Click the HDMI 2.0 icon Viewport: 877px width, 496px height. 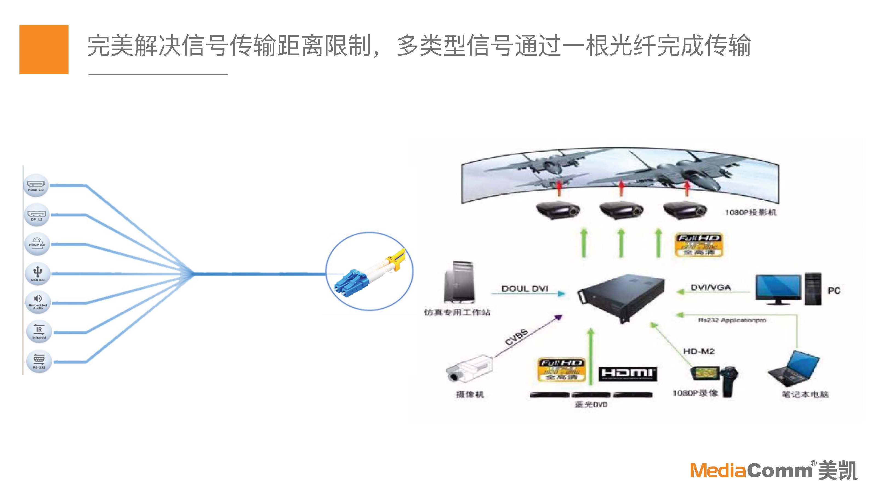coord(36,186)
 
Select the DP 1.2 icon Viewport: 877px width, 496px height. coord(36,215)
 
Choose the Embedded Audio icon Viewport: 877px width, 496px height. coord(38,302)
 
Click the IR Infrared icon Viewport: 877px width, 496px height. coord(39,332)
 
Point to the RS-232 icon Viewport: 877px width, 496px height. coord(39,361)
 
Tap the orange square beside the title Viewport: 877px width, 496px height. coord(44,49)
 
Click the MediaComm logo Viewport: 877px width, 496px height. coord(773,471)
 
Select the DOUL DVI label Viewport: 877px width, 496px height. coord(525,289)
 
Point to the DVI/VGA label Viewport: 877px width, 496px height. coord(711,288)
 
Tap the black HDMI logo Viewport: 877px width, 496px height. coord(627,374)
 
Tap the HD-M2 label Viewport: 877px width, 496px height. coord(699,351)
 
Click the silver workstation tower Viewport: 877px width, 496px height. coord(460,282)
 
